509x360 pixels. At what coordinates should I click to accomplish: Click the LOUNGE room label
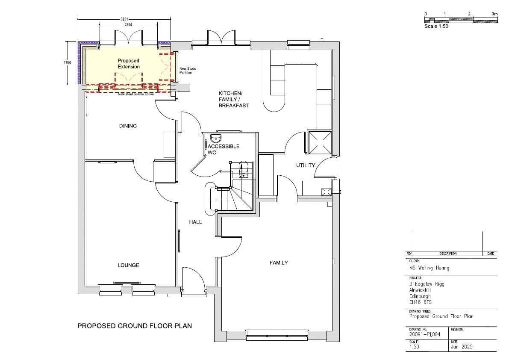(128, 265)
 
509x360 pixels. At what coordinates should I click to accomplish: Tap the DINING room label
(128, 126)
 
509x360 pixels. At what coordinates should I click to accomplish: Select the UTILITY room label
(306, 165)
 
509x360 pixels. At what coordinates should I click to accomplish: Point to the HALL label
(195, 222)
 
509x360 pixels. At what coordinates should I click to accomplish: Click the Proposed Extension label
(129, 64)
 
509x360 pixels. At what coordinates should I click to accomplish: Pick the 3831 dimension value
(124, 20)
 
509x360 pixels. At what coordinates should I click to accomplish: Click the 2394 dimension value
(128, 25)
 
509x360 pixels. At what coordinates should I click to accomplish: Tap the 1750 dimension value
(68, 63)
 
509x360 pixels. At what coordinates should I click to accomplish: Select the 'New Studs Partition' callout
(188, 71)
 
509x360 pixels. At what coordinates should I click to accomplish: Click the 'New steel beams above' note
(135, 94)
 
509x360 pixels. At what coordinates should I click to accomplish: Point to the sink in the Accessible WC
(215, 138)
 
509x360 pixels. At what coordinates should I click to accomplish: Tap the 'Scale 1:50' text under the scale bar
(436, 26)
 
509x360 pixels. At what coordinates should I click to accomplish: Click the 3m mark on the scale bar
(494, 14)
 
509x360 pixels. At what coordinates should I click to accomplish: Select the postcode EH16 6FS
(421, 302)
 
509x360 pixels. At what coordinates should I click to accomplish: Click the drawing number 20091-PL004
(425, 334)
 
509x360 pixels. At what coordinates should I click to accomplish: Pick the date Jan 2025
(462, 347)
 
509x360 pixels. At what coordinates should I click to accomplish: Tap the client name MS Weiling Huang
(429, 268)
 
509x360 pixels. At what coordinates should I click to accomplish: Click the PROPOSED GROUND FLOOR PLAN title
(134, 326)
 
